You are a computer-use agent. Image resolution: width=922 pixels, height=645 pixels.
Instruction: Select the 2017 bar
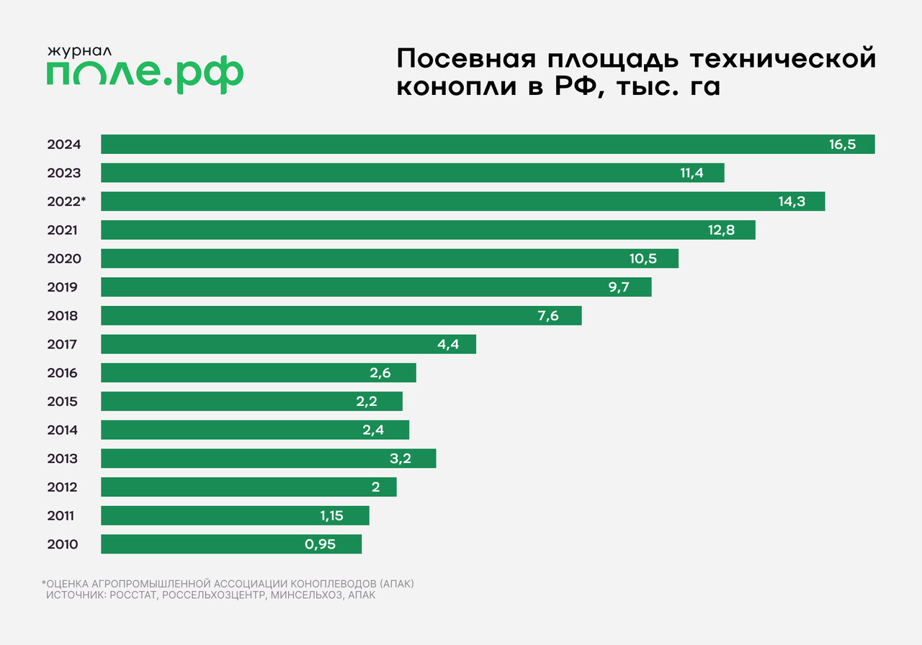[288, 344]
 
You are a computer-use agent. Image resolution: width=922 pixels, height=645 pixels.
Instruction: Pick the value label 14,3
[792, 202]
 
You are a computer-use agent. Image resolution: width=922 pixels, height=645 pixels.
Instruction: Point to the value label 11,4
[691, 173]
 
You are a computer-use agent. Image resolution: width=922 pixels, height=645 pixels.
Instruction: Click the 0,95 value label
[321, 544]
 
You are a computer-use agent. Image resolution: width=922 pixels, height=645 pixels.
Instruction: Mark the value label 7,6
[548, 315]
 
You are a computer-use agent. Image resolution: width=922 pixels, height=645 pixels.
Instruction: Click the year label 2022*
[66, 202]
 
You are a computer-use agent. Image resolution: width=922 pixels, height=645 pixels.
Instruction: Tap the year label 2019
[63, 287]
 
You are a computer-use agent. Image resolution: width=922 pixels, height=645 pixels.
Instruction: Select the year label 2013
[63, 459]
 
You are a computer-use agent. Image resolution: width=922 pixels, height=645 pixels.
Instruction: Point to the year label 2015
[63, 402]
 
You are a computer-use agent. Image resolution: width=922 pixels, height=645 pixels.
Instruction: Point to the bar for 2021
[428, 230]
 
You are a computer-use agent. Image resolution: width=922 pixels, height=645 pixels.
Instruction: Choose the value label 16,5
[842, 144]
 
